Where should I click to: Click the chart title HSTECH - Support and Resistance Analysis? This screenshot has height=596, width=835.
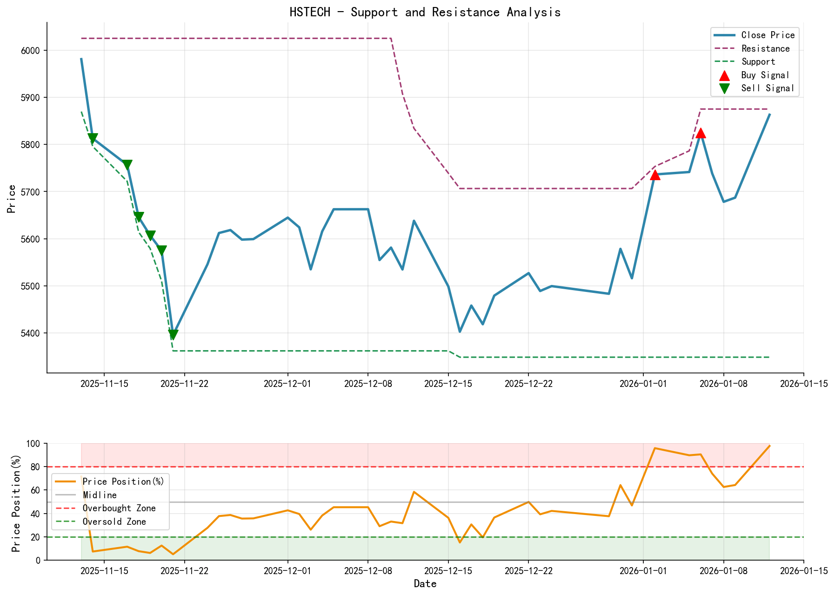[x=425, y=12]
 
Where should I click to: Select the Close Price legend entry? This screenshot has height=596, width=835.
[x=768, y=35]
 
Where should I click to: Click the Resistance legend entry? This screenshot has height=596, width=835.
[x=765, y=48]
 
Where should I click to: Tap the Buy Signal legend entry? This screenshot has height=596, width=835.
[x=765, y=75]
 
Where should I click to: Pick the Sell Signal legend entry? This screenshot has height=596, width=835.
[x=767, y=88]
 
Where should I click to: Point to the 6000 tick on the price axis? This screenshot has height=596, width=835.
[x=32, y=50]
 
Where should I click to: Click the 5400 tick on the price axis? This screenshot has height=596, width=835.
[x=32, y=333]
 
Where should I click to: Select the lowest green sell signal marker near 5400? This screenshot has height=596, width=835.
[x=173, y=334]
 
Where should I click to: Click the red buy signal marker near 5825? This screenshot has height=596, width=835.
[x=701, y=133]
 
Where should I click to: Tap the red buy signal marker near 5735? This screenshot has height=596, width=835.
[x=655, y=175]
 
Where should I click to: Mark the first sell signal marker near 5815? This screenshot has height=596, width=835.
[x=93, y=138]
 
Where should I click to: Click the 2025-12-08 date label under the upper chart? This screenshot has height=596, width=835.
[x=368, y=384]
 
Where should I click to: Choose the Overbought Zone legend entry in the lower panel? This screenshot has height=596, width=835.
[x=119, y=508]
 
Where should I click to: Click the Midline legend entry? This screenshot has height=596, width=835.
[x=100, y=495]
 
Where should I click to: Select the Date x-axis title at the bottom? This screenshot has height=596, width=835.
[x=425, y=584]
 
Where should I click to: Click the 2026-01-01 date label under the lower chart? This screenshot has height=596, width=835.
[x=643, y=571]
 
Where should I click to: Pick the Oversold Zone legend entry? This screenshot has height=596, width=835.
[x=114, y=522]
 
